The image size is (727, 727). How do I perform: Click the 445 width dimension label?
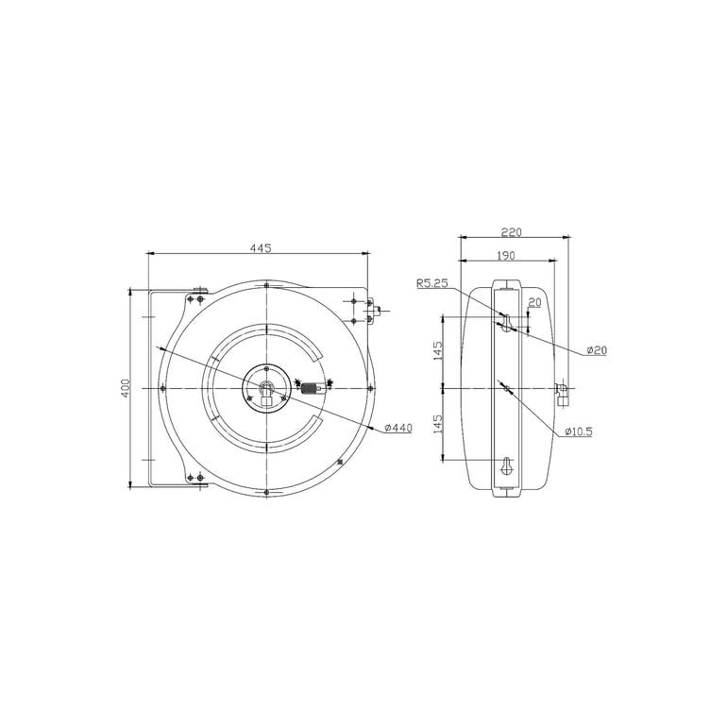pyautogui.click(x=261, y=248)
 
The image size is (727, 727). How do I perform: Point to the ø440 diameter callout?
pyautogui.click(x=398, y=428)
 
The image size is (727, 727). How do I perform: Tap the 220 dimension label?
pyautogui.click(x=511, y=231)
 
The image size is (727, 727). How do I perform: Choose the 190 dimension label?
pyautogui.click(x=506, y=256)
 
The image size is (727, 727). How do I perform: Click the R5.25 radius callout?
pyautogui.click(x=432, y=282)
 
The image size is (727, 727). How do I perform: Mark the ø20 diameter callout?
pyautogui.click(x=596, y=350)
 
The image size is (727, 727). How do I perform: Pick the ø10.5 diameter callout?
pyautogui.click(x=578, y=431)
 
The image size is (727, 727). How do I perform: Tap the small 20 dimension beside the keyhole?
pyautogui.click(x=534, y=302)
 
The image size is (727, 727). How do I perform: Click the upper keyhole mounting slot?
pyautogui.click(x=507, y=323)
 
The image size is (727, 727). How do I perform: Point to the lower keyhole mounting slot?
pyautogui.click(x=507, y=466)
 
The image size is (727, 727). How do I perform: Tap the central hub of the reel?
pyautogui.click(x=267, y=389)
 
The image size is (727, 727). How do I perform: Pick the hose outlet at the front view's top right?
pyautogui.click(x=371, y=309)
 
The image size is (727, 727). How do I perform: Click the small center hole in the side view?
pyautogui.click(x=507, y=388)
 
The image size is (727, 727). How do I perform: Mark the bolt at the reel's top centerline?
pyautogui.click(x=267, y=284)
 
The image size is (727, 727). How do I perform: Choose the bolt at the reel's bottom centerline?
pyautogui.click(x=267, y=493)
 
